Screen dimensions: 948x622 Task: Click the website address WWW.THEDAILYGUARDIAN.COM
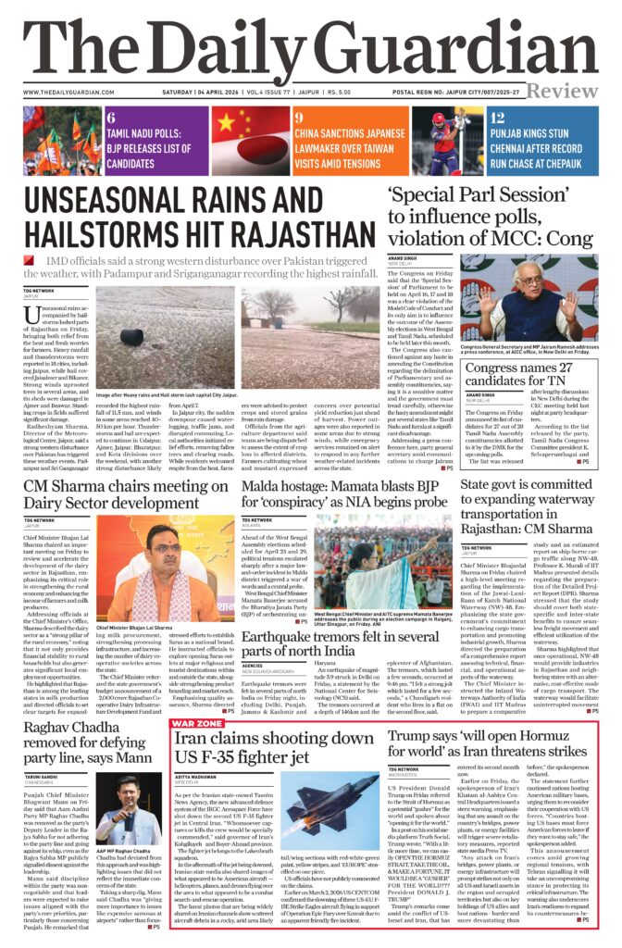(x=71, y=93)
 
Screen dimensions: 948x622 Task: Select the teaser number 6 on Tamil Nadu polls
(x=111, y=118)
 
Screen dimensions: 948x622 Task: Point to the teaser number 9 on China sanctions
(x=299, y=118)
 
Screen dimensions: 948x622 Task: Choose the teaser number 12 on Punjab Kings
(x=497, y=118)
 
